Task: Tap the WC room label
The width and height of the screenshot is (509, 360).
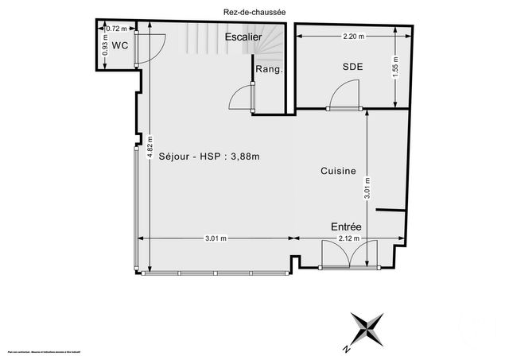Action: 119,45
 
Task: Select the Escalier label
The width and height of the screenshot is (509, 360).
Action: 243,37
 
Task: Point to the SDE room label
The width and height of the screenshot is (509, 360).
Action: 352,67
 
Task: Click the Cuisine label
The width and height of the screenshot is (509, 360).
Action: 337,170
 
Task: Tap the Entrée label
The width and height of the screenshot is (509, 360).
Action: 346,227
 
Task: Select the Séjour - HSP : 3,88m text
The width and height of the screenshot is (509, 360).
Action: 209,156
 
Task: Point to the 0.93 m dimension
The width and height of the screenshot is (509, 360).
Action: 105,49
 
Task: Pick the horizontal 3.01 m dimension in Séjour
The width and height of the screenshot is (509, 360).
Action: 216,238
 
